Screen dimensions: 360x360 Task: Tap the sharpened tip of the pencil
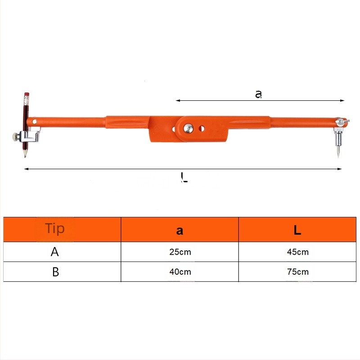coord(25,155)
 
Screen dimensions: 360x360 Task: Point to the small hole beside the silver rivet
coord(202,129)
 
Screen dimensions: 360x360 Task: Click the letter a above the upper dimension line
coord(258,94)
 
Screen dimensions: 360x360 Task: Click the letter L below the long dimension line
coord(184,177)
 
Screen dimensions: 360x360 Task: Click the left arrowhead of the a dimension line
coord(178,101)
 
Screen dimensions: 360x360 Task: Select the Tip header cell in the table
coord(55,229)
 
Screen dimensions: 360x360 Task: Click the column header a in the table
coord(180,230)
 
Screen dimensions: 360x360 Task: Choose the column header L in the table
coord(297,230)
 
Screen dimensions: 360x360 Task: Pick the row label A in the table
coord(54,252)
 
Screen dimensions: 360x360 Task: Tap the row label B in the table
coord(55,272)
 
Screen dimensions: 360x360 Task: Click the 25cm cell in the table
coord(180,252)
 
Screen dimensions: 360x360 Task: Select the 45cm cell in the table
coord(297,252)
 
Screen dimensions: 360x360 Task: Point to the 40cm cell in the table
coord(180,272)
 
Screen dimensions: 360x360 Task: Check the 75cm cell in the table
coord(297,272)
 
